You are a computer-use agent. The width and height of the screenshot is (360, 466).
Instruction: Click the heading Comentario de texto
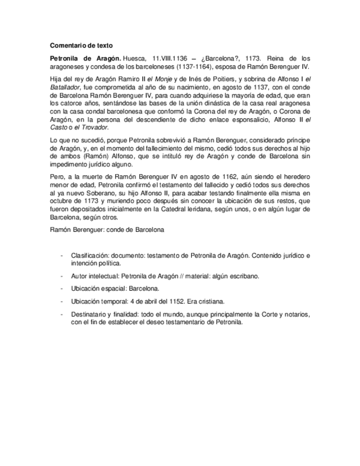click(x=82, y=46)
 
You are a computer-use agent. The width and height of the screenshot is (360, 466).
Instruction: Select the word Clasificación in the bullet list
click(x=90, y=256)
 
